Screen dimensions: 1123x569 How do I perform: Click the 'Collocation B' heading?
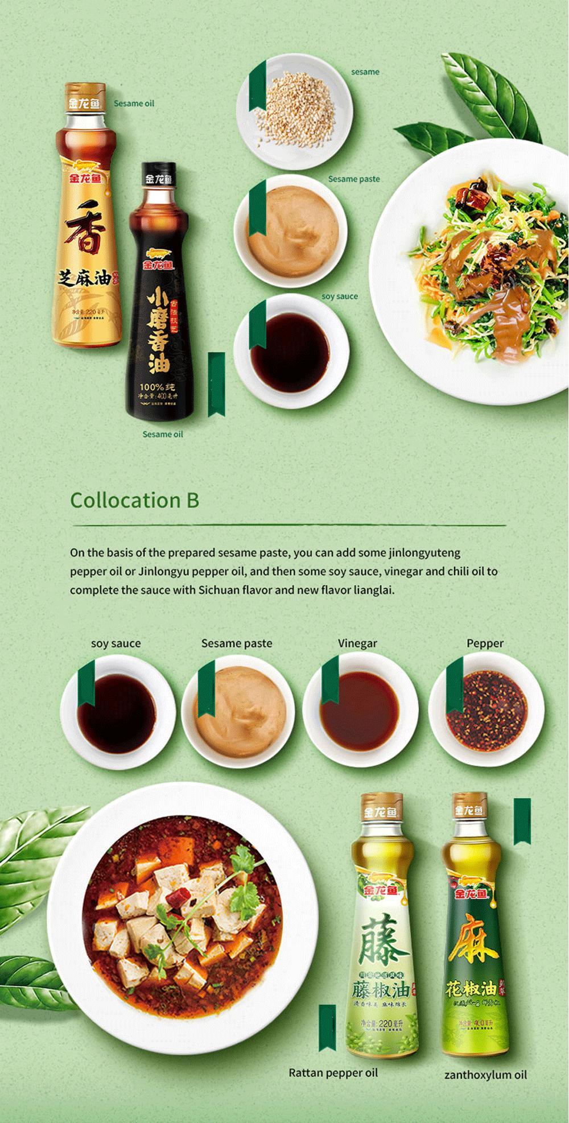click(x=134, y=500)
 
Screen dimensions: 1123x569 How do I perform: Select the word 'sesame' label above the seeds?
click(x=365, y=72)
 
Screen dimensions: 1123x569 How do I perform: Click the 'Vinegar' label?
click(x=357, y=643)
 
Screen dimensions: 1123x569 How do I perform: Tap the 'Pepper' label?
click(x=485, y=643)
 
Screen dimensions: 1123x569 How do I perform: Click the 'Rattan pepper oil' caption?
click(x=333, y=1073)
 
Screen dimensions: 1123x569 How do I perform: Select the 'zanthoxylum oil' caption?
click(x=485, y=1075)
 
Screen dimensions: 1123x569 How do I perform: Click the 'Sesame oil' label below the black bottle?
click(x=163, y=434)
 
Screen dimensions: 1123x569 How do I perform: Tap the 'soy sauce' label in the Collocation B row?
click(x=116, y=643)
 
